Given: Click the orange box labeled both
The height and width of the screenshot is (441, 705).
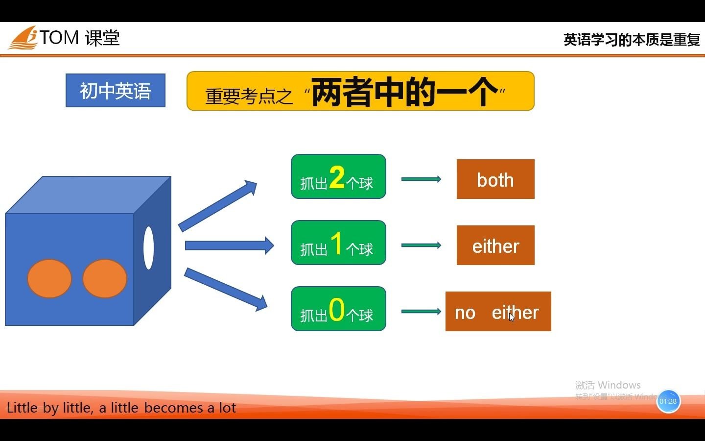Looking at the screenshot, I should click(495, 179).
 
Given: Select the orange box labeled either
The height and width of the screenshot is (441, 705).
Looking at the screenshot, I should click(495, 245).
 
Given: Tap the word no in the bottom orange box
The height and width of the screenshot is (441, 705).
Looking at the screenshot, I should click(465, 313).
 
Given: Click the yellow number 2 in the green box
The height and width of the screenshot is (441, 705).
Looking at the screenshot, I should click(337, 177).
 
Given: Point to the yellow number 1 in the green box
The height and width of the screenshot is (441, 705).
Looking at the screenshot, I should click(336, 243).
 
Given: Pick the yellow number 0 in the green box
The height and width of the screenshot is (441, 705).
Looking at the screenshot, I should click(337, 309).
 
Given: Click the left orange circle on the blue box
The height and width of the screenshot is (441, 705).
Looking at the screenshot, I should click(49, 279).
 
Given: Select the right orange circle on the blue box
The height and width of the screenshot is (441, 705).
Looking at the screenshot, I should click(105, 279).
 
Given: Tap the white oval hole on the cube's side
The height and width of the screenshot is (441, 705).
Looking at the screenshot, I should click(148, 247).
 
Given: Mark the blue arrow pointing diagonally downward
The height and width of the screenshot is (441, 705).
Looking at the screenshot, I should click(226, 289).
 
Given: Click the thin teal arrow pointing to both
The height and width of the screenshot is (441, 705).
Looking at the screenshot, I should click(421, 179).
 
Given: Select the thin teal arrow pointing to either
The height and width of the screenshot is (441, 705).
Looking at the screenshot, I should click(421, 245).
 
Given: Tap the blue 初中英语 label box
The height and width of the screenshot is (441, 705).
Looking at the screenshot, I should click(116, 91).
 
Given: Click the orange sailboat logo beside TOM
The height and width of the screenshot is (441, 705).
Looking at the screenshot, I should click(23, 38).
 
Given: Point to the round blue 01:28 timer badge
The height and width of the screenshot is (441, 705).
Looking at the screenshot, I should click(668, 401).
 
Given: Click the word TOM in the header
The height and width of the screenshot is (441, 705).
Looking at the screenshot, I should click(59, 38).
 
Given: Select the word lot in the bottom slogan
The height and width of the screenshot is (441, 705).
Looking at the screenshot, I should click(228, 408).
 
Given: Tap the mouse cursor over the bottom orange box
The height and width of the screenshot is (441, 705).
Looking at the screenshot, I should click(512, 317).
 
